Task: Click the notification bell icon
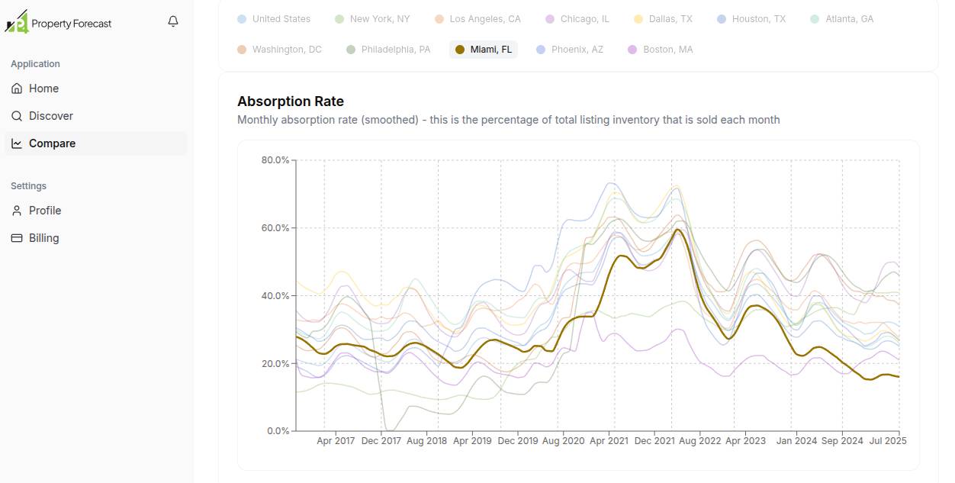[173, 21]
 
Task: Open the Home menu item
[43, 89]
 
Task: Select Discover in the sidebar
[50, 116]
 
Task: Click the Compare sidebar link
[52, 143]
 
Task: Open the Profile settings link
[44, 211]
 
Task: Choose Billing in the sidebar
[43, 238]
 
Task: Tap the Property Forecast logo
[59, 23]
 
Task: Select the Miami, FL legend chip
[484, 50]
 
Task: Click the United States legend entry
[274, 19]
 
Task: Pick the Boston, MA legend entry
[661, 50]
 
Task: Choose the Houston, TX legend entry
[751, 19]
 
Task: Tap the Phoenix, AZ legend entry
[570, 50]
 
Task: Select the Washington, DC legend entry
[280, 50]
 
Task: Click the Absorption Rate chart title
[291, 101]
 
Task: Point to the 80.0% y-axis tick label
[275, 160]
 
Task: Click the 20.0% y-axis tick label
[275, 364]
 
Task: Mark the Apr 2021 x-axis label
[609, 441]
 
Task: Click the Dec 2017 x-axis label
[381, 441]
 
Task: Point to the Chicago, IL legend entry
[577, 19]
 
